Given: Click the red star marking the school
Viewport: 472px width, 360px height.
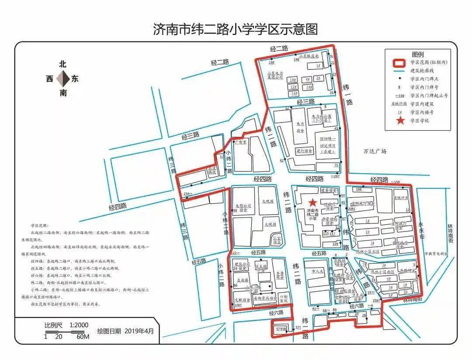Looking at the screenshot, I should point(312,202).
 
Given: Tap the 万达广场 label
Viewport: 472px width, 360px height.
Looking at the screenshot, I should point(375,151).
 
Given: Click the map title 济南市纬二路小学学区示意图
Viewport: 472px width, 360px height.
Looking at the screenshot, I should point(235,30).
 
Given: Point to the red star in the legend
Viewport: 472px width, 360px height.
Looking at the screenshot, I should point(400,120).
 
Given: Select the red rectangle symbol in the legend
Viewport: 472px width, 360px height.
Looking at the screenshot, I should point(399,63).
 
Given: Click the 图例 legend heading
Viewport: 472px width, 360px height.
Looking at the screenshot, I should point(417,54).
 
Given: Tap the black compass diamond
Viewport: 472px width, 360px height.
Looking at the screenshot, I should point(63,79).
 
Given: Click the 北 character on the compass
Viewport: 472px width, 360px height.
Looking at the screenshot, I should point(63,64).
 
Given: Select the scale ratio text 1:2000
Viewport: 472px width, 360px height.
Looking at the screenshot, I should point(79,325).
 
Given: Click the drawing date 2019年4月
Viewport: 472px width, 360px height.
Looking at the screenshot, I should point(139,331).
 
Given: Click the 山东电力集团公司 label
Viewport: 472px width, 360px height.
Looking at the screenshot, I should point(275,75).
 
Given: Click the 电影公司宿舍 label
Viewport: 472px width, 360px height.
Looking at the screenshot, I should point(244,207).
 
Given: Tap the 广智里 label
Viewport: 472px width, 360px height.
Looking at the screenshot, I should point(241,142).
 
